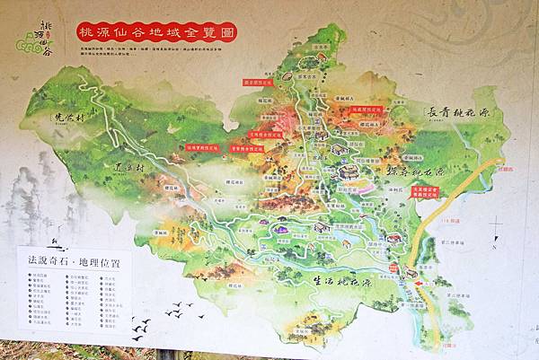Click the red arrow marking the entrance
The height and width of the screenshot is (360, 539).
(420, 284)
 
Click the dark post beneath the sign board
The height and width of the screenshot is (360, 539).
(166, 354)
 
